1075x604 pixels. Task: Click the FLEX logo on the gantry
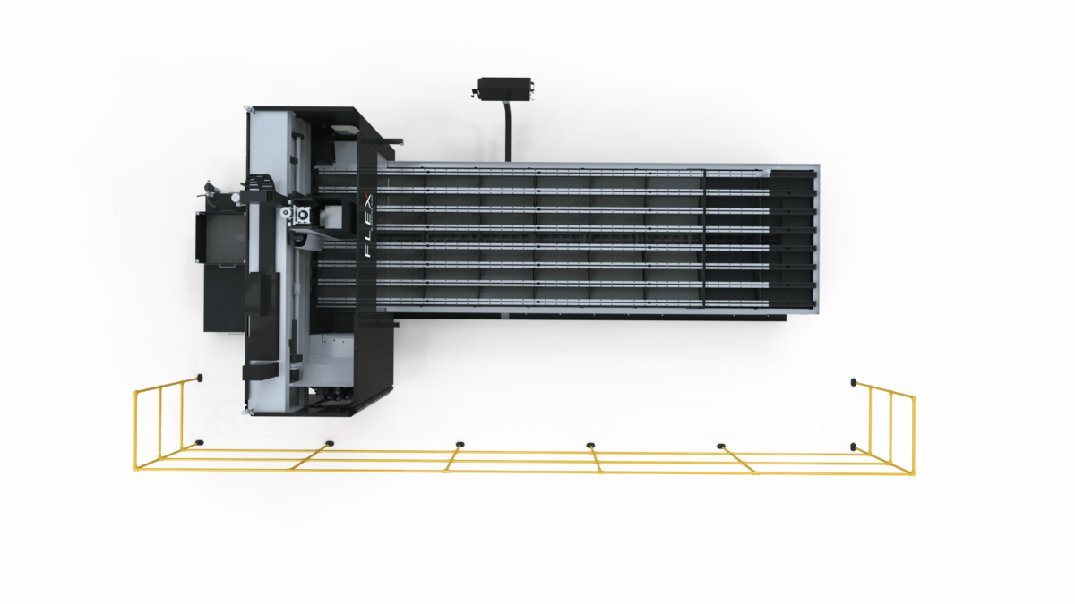click(368, 225)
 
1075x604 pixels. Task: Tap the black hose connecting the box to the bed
click(507, 131)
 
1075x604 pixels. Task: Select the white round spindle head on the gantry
click(287, 212)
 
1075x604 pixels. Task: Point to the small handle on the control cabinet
click(226, 265)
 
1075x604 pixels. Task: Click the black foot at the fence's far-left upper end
click(199, 378)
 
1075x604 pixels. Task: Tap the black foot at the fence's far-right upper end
click(853, 382)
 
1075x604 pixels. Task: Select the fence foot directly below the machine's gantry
click(329, 443)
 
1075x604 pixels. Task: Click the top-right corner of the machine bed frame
click(819, 165)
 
